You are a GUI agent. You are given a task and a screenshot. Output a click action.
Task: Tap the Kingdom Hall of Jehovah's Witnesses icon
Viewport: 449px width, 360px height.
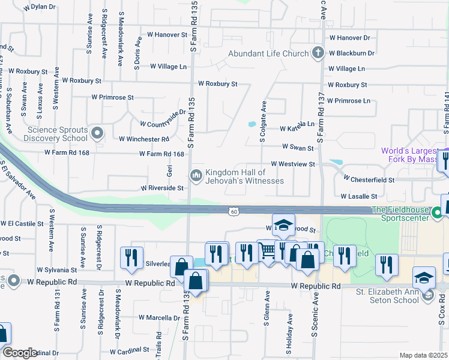196,175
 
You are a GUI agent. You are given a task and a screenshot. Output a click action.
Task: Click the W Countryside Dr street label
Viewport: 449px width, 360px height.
163,118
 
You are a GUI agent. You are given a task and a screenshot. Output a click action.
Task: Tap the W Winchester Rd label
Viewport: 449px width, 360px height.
144,139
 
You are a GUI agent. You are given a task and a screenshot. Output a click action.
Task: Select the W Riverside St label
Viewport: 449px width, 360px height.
162,188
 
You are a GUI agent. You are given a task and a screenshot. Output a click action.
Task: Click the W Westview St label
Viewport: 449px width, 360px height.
293,163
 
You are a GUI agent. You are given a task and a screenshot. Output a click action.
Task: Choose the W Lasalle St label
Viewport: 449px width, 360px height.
359,196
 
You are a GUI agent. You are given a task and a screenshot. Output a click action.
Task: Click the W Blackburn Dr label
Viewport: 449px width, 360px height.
352,53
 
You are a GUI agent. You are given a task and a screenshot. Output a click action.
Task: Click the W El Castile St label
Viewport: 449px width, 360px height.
22,223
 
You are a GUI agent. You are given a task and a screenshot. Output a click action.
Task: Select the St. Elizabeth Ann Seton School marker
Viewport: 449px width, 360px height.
427,295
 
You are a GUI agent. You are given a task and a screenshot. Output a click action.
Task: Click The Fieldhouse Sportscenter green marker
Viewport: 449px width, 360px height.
438,212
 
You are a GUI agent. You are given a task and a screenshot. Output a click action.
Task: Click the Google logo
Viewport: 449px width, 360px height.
20,353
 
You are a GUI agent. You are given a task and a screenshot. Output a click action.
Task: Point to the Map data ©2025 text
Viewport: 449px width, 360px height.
423,355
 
